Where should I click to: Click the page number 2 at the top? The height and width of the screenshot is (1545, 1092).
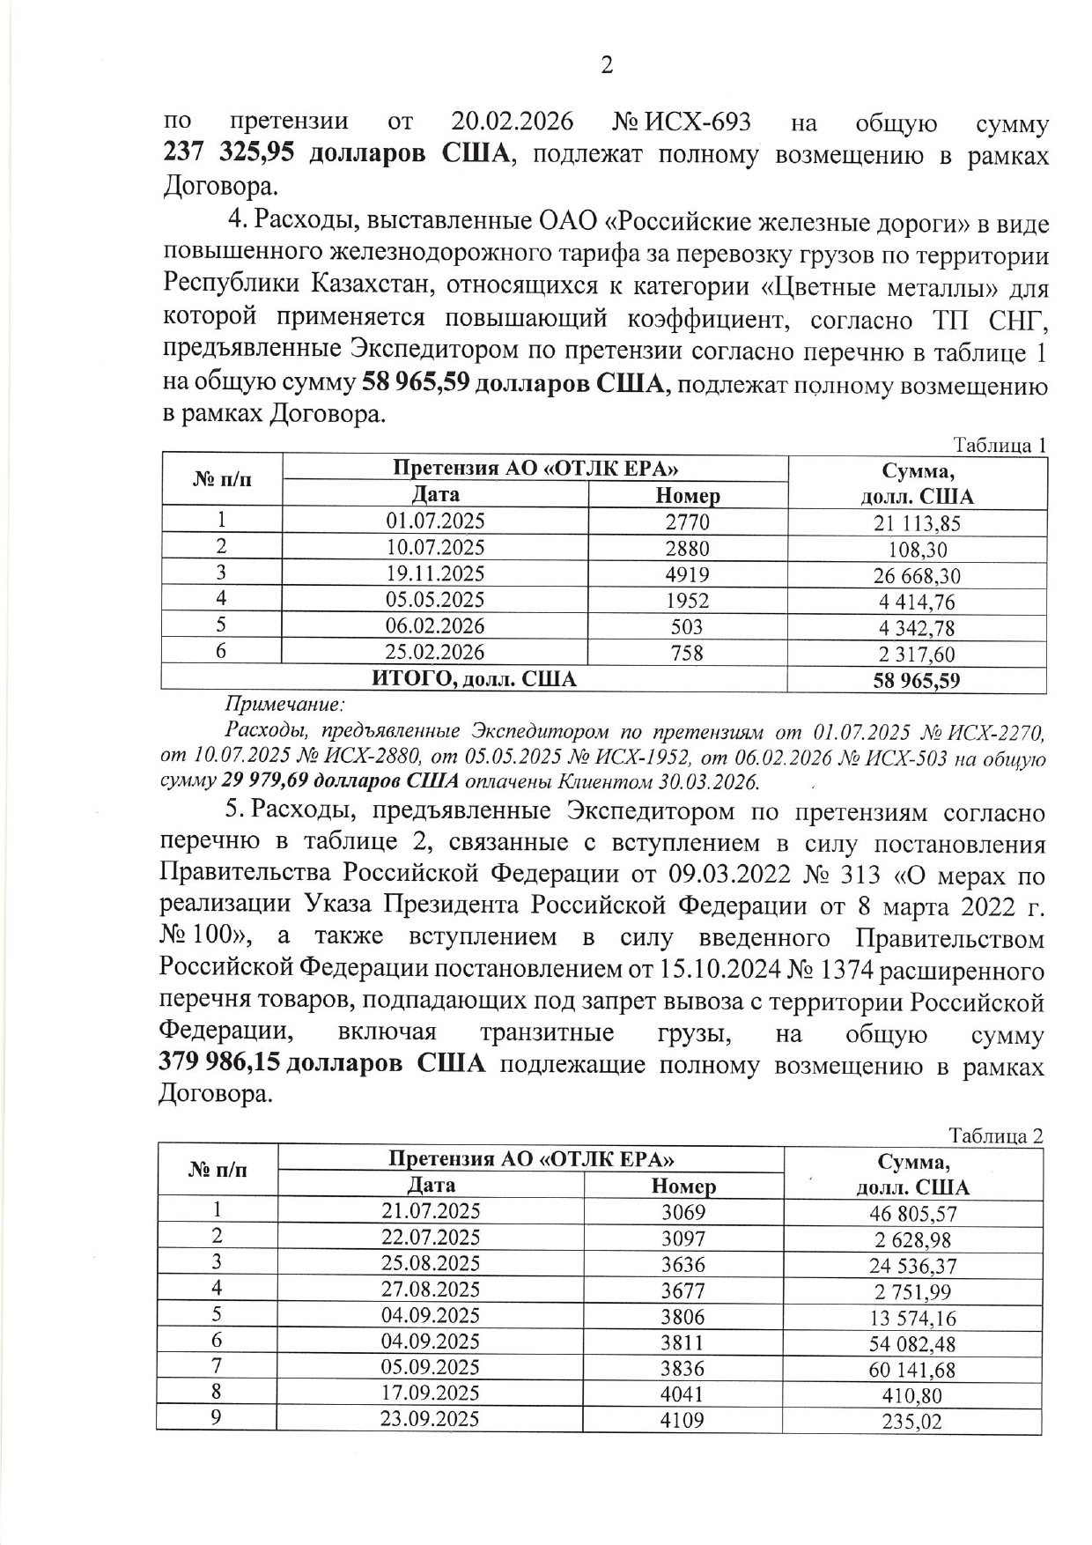[606, 65]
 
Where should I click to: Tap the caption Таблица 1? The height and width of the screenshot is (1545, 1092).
[1000, 446]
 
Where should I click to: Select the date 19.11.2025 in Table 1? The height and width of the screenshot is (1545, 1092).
[435, 573]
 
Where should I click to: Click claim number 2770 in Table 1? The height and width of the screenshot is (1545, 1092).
[687, 521]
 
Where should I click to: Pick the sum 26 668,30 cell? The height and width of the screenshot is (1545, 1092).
[917, 576]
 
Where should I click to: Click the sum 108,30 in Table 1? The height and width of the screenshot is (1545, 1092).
[917, 550]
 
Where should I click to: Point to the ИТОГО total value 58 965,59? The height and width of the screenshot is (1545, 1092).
[917, 680]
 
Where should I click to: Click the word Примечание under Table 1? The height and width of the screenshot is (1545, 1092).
[283, 704]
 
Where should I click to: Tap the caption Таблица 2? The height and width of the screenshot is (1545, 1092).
[995, 1135]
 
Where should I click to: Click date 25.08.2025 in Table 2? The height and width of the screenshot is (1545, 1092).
[431, 1264]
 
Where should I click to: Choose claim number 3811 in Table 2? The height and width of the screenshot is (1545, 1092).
[683, 1342]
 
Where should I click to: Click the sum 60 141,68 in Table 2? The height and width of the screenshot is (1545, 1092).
[912, 1370]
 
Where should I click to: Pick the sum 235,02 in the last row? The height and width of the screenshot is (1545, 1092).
[912, 1422]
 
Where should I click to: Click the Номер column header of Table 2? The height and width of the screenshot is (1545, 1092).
[683, 1186]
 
